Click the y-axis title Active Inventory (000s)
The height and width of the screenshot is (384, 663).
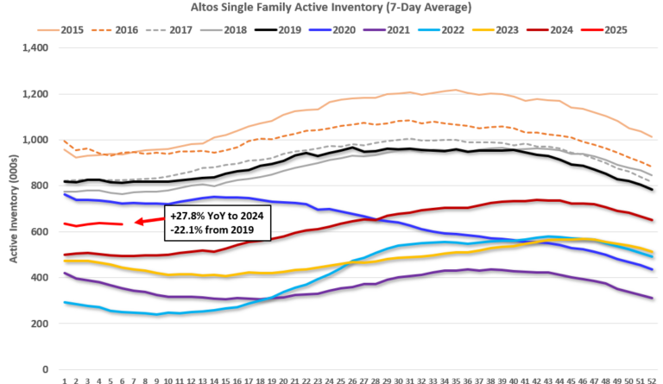click(12, 186)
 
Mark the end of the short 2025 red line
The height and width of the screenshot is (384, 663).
click(123, 224)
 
